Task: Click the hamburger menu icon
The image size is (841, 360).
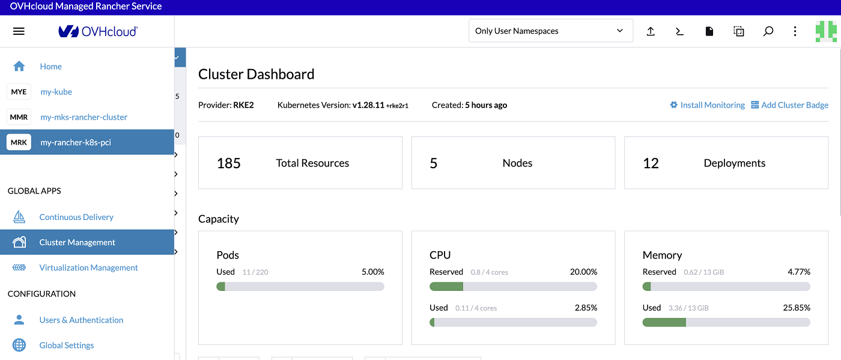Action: [19, 31]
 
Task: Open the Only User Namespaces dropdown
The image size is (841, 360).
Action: [550, 31]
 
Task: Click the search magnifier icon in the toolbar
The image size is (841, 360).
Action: [768, 31]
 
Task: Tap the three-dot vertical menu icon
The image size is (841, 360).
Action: [795, 31]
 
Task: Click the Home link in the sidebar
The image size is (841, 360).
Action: [50, 67]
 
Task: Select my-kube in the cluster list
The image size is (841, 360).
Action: [56, 92]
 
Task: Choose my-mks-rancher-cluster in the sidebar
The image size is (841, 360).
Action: [83, 117]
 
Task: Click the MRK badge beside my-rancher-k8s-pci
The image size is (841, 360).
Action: [19, 142]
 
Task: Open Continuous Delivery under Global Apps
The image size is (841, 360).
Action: [76, 217]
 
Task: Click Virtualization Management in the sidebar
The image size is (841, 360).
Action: [88, 267]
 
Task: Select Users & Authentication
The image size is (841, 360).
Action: [81, 320]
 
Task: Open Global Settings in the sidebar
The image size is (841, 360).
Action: [66, 345]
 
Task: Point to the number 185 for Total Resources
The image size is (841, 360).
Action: [229, 163]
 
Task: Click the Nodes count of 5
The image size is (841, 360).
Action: [434, 163]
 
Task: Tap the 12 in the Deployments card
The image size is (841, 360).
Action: [651, 163]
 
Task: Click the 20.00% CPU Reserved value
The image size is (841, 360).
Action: [583, 272]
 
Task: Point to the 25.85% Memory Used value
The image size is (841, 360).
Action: [797, 308]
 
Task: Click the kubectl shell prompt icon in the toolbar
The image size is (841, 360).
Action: [680, 31]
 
